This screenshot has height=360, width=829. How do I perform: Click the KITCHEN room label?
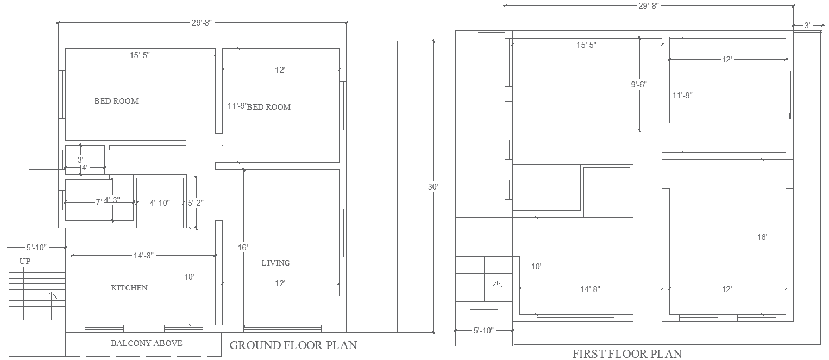click(x=129, y=288)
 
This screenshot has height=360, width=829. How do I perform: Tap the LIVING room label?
click(x=275, y=263)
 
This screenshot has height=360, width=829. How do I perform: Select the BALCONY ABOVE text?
click(x=146, y=343)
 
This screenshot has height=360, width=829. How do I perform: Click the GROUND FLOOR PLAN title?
click(x=293, y=345)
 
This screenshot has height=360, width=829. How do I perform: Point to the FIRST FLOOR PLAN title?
click(x=627, y=354)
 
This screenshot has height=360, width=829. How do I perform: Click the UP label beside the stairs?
click(x=25, y=261)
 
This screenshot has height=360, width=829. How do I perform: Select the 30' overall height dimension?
click(x=433, y=186)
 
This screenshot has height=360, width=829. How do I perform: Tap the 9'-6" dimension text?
click(x=639, y=85)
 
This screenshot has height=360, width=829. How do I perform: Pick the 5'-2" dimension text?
click(x=196, y=203)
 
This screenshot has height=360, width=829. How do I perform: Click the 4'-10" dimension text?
click(x=160, y=203)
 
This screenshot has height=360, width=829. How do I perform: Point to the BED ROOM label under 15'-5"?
click(x=116, y=101)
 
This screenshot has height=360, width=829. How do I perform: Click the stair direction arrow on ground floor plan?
click(x=51, y=296)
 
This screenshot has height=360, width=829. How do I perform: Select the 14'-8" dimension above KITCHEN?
click(x=143, y=255)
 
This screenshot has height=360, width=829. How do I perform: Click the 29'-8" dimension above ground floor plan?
click(x=202, y=22)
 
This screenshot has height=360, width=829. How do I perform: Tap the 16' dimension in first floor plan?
click(x=762, y=237)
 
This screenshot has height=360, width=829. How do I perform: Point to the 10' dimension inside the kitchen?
click(x=189, y=276)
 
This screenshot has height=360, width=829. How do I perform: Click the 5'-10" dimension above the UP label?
click(x=36, y=247)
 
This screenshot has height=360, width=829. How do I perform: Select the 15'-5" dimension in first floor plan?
click(x=586, y=45)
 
